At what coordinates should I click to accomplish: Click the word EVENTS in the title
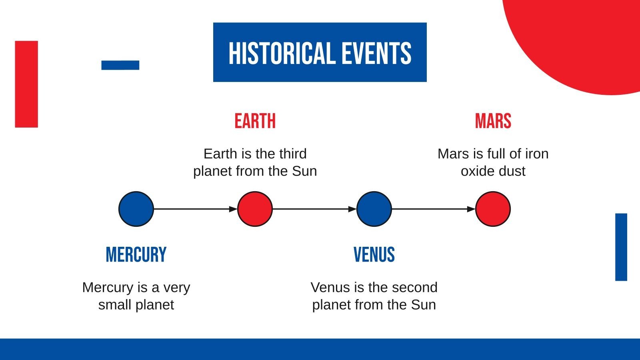tap(376, 53)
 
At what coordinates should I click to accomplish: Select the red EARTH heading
tap(255, 121)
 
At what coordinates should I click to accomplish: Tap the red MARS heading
tap(493, 121)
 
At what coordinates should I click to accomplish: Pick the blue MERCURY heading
tap(136, 254)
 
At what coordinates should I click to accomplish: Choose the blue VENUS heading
tap(374, 254)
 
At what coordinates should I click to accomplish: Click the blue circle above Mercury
tap(136, 209)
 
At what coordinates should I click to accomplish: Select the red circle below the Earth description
tap(255, 209)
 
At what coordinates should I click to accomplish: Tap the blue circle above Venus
tap(374, 209)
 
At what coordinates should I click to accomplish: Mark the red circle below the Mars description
tap(493, 209)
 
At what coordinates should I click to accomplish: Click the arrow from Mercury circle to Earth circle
tap(196, 209)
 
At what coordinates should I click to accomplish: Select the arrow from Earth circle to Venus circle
tap(314, 209)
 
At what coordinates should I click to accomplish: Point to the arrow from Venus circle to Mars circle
tap(434, 209)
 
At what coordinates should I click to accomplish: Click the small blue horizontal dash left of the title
tap(120, 65)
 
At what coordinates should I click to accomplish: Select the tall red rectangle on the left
tap(26, 84)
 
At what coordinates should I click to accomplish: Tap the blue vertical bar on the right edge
tap(621, 247)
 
